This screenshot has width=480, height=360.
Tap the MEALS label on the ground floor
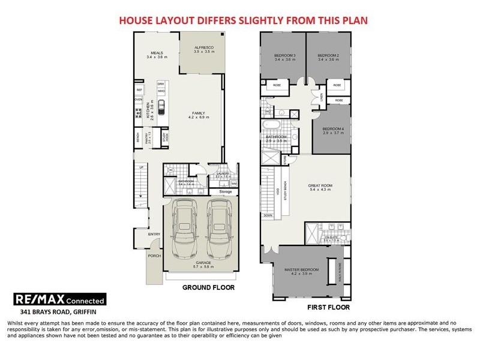click(x=157, y=53)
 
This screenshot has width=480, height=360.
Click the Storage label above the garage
click(x=217, y=191)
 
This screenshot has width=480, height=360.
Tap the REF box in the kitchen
click(x=139, y=89)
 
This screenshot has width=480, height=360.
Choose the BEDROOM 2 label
click(x=328, y=56)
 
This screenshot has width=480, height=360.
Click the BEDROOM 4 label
click(x=332, y=130)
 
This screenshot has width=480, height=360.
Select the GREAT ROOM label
click(x=320, y=186)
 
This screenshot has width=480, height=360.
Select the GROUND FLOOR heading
click(x=208, y=287)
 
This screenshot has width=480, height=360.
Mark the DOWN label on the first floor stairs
click(x=268, y=215)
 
